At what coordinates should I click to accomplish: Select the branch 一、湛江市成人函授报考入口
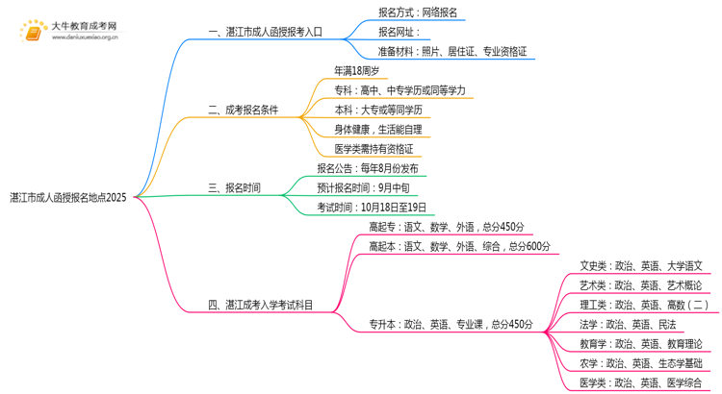pos(265,32)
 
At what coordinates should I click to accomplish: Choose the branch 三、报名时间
pos(234,188)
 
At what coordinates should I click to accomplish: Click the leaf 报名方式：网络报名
pos(418,12)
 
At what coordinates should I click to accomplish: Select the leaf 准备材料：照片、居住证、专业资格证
pos(452,52)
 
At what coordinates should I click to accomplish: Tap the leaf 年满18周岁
pos(356,71)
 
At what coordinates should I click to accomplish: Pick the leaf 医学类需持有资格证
pos(374,149)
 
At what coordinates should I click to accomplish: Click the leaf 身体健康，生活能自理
pos(377,130)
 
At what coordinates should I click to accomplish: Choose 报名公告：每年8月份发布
pos(368,169)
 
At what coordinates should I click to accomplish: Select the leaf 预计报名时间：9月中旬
pos(363,188)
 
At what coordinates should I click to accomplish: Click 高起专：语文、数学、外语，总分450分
pos(447,227)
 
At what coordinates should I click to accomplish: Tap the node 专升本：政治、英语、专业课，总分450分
pos(451,325)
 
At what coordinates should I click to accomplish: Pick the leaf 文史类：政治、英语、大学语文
pos(640,266)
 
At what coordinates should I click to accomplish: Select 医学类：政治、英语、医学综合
pos(640,383)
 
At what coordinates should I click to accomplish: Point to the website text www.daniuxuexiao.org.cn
pos(85,38)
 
